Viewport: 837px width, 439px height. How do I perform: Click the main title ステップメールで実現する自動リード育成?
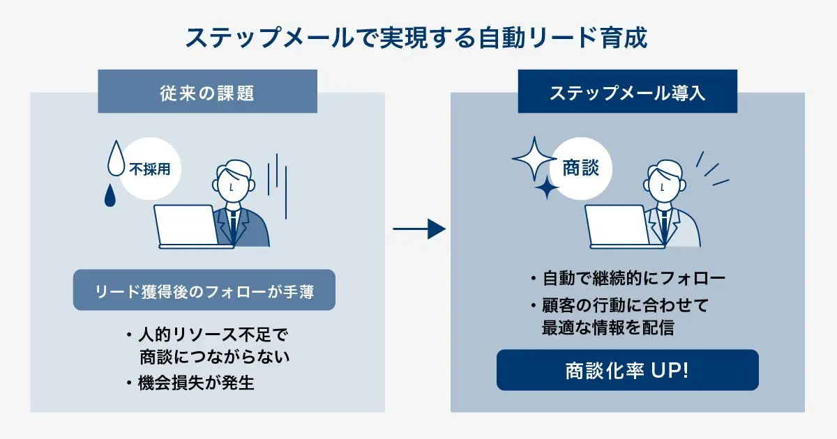[x=416, y=37]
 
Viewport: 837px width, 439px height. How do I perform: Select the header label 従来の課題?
[x=207, y=92]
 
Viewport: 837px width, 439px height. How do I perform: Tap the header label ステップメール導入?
[x=627, y=92]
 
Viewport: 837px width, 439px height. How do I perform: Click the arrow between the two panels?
[x=419, y=229]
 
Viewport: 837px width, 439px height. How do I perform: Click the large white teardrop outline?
[x=116, y=158]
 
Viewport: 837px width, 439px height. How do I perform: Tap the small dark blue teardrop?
[x=110, y=196]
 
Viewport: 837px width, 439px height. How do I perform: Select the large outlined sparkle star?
[x=535, y=158]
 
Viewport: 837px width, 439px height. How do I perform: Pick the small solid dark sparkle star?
[x=548, y=187]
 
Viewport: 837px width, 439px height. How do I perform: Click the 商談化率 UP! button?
[x=627, y=370]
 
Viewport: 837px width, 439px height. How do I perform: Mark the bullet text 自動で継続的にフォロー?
[x=633, y=279]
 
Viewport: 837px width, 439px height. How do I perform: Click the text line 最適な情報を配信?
[x=608, y=328]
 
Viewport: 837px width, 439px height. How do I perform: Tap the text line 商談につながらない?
[x=214, y=357]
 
